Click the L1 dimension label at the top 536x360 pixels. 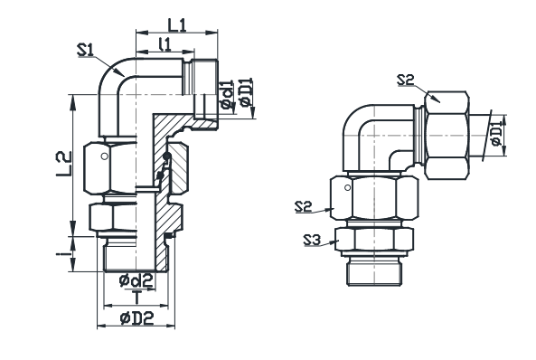177,25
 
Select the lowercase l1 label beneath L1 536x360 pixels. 165,44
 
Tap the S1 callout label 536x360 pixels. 86,50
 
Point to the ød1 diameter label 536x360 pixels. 227,94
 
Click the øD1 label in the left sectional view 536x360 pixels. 246,92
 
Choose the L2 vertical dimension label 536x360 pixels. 64,164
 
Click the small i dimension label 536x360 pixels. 61,254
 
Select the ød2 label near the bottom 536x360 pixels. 136,280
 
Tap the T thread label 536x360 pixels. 136,297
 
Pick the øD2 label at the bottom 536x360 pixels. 137,318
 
